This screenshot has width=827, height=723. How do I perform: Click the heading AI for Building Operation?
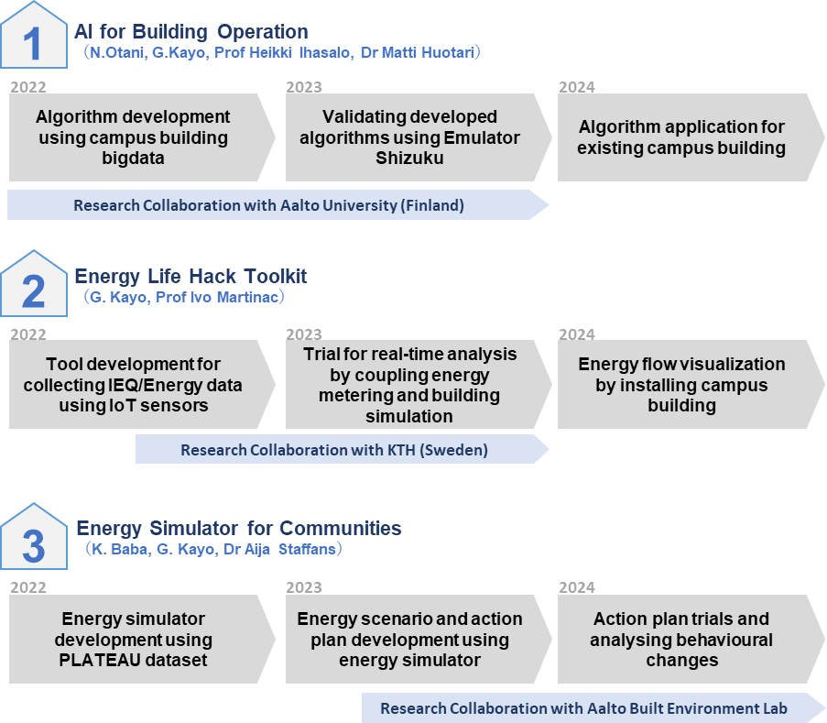click(190, 32)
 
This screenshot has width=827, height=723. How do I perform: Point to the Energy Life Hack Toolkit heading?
click(190, 276)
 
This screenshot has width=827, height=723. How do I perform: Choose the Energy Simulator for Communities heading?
click(239, 528)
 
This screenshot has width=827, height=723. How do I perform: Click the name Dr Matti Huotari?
click(418, 53)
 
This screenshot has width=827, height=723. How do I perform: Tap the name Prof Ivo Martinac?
click(217, 297)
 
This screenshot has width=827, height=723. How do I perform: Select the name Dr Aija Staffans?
click(279, 550)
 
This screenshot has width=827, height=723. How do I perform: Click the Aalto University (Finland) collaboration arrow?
click(277, 204)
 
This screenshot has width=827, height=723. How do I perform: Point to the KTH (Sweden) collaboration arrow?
click(343, 449)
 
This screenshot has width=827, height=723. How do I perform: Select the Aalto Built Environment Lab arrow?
click(593, 707)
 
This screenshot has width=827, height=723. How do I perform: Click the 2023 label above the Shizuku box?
click(304, 87)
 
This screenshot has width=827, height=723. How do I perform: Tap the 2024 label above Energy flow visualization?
click(576, 334)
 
